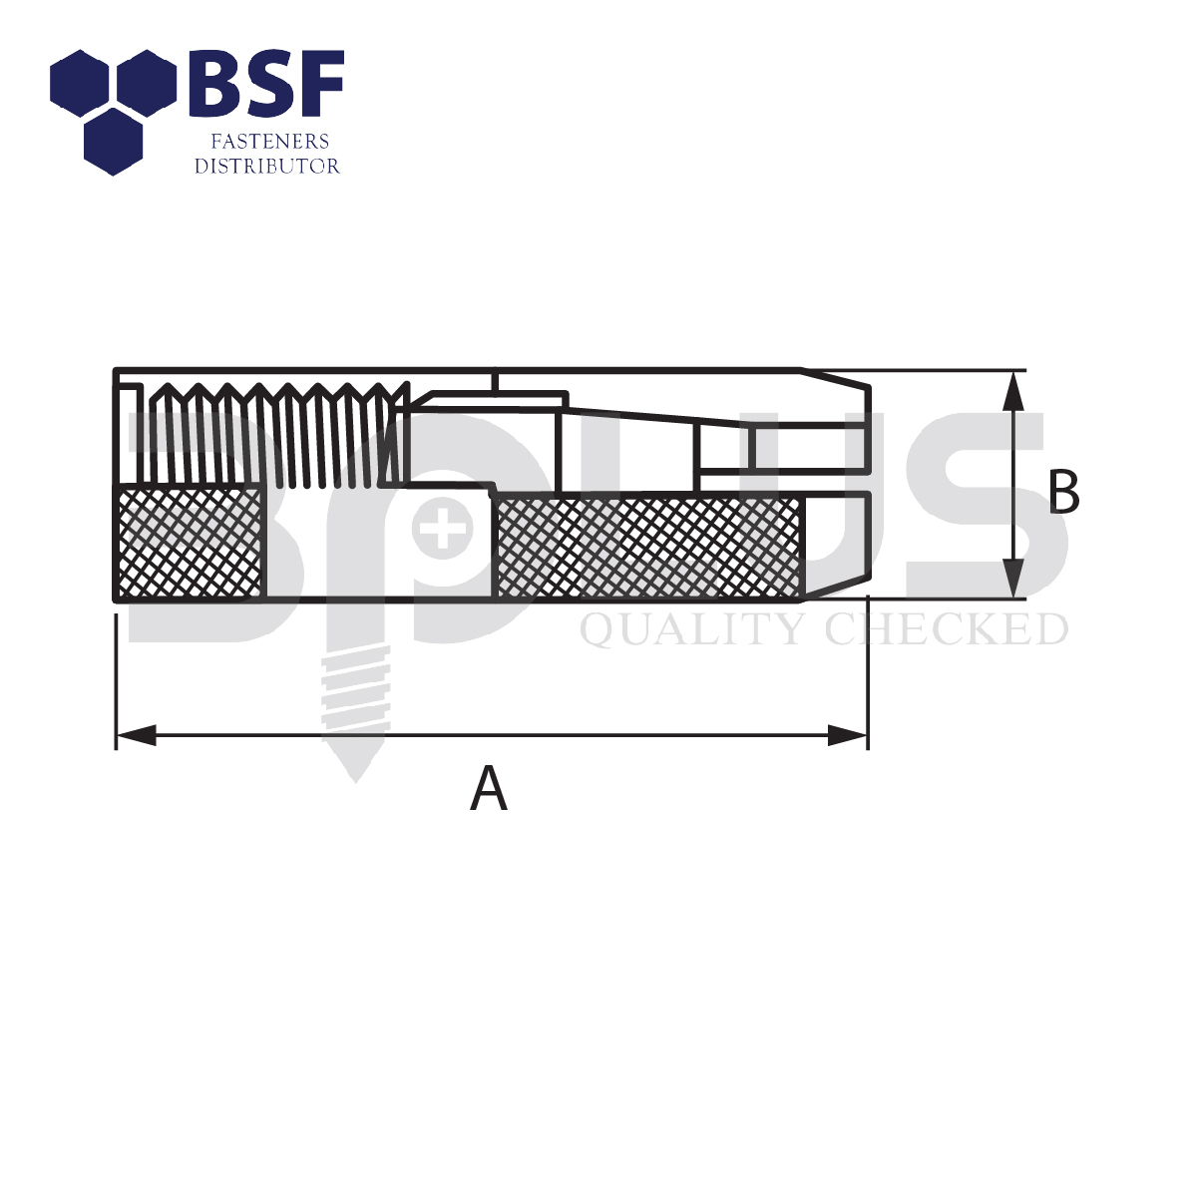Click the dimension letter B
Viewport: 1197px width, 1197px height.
(1063, 493)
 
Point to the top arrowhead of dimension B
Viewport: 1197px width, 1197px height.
(1013, 390)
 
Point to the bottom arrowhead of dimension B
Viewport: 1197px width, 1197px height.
(1013, 579)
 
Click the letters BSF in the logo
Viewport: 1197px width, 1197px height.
(266, 83)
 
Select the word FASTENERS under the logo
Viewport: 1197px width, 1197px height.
(267, 143)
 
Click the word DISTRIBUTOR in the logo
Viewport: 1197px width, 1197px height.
(267, 167)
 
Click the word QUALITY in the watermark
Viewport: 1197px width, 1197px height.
(693, 630)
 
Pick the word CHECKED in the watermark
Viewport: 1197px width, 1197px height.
(947, 630)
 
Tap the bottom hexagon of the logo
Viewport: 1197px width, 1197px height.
(112, 142)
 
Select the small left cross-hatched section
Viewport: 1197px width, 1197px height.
(190, 543)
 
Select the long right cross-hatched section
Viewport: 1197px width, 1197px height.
(648, 548)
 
